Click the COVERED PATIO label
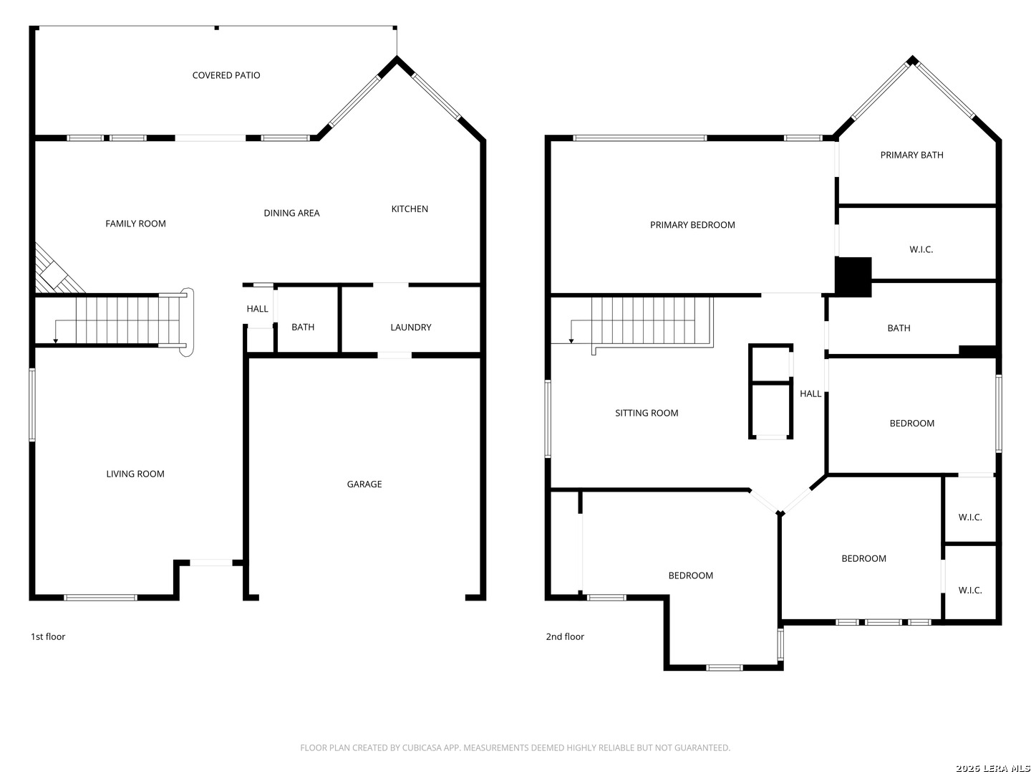[x=226, y=75]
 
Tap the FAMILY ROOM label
[x=135, y=224]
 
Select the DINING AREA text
[x=291, y=213]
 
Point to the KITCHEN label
[x=409, y=209]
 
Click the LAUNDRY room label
[x=410, y=327]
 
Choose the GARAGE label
[x=364, y=484]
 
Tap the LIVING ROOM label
[x=135, y=474]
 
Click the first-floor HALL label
[x=258, y=309]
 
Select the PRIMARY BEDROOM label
[x=692, y=225]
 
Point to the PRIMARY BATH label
[x=911, y=155]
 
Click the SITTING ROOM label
[x=647, y=413]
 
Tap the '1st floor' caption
[x=48, y=636]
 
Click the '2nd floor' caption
[x=565, y=636]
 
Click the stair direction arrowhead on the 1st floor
[x=55, y=340]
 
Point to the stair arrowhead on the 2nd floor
[x=571, y=340]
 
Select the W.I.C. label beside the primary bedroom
[x=921, y=249]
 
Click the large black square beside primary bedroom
[x=853, y=277]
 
